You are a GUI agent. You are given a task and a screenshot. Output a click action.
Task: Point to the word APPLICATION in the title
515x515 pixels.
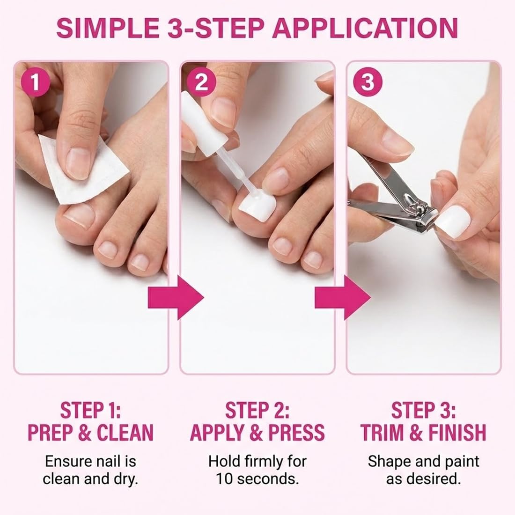coord(365,28)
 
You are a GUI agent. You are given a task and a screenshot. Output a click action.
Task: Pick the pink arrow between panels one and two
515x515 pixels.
coord(175,297)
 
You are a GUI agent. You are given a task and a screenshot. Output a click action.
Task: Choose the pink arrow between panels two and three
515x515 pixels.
coord(342,297)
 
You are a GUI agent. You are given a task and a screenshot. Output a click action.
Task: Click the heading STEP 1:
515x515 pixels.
coord(90,410)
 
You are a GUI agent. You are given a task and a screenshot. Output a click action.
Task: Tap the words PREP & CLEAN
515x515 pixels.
coord(90,432)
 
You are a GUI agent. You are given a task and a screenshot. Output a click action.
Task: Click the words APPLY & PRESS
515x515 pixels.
coord(257,432)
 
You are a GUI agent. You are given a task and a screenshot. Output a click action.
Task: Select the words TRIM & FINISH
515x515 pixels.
coord(423,432)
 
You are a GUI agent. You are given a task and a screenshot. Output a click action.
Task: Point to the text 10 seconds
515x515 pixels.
coord(257,479)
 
